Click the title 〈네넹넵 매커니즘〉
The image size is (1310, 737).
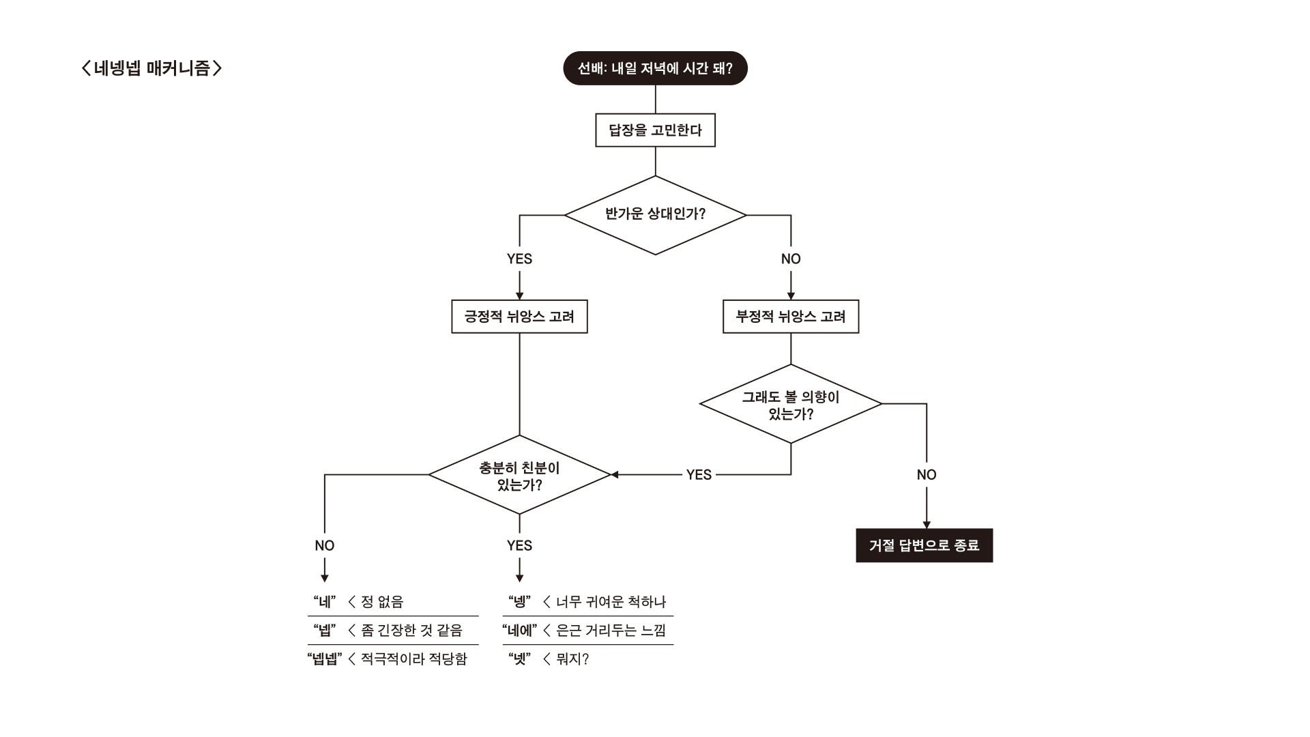pyautogui.click(x=151, y=68)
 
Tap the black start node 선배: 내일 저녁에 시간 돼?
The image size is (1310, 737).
pyautogui.click(x=655, y=68)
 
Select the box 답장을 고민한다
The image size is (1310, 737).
pyautogui.click(x=655, y=130)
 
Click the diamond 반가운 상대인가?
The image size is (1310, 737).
pyautogui.click(x=655, y=215)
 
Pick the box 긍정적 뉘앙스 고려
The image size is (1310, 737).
pyautogui.click(x=519, y=317)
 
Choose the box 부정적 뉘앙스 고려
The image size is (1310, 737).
pyautogui.click(x=791, y=317)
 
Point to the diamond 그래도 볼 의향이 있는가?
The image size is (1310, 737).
pyautogui.click(x=791, y=405)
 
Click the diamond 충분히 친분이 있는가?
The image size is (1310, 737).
pyautogui.click(x=519, y=476)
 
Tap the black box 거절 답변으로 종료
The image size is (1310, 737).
pyautogui.click(x=924, y=545)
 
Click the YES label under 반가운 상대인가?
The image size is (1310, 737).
pyautogui.click(x=519, y=259)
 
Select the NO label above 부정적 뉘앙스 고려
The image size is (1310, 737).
pyautogui.click(x=791, y=259)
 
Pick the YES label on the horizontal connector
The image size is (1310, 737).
pyautogui.click(x=699, y=475)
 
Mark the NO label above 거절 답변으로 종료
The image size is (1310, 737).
pyautogui.click(x=927, y=475)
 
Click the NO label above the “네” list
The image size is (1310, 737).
pyautogui.click(x=325, y=545)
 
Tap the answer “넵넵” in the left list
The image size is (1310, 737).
pyautogui.click(x=324, y=659)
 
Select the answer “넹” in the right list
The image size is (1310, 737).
pyautogui.click(x=520, y=602)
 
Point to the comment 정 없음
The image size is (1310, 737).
pyautogui.click(x=382, y=602)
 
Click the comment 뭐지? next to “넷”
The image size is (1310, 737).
pyautogui.click(x=572, y=659)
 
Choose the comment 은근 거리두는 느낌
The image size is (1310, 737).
pyautogui.click(x=611, y=631)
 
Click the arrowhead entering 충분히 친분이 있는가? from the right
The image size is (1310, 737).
pyautogui.click(x=614, y=475)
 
